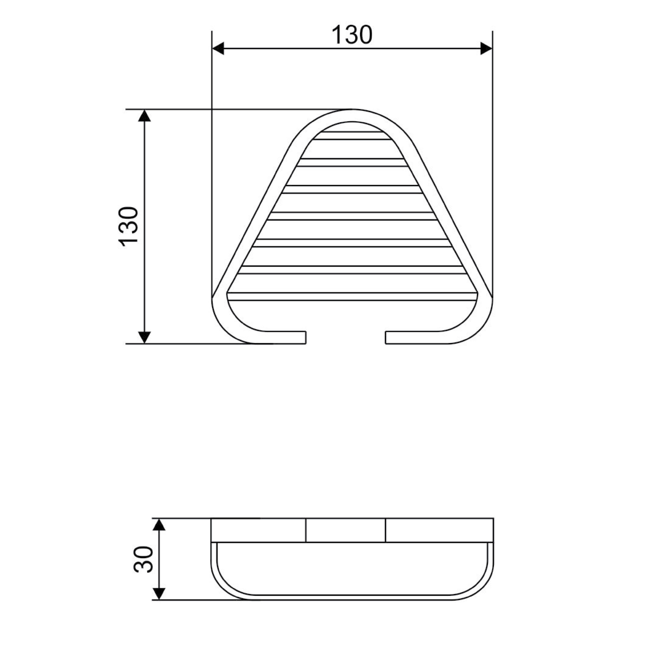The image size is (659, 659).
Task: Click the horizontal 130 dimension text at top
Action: [x=352, y=35]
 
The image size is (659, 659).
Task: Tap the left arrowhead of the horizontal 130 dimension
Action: [x=218, y=48]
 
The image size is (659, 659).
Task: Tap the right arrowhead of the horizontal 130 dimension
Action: [x=487, y=48]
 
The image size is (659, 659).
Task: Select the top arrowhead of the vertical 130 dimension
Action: [x=145, y=115]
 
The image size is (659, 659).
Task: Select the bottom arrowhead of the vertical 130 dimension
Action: [x=145, y=337]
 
